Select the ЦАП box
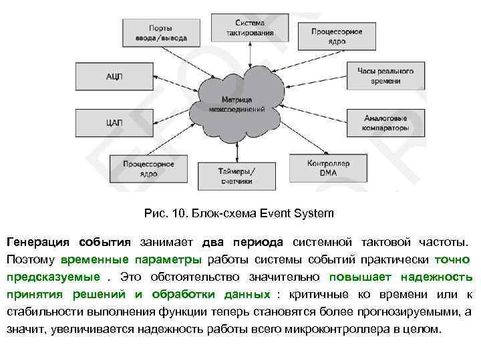[x=114, y=122]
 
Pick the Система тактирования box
[x=249, y=27]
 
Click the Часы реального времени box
[x=384, y=76]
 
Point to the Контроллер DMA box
[x=328, y=168]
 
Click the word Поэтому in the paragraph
[x=31, y=259]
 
